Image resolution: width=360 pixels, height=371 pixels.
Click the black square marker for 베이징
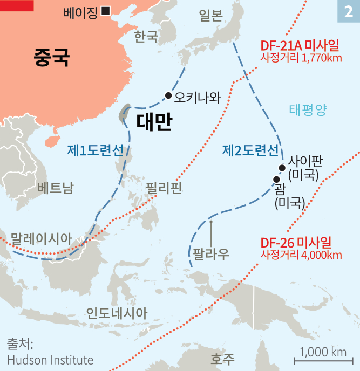pos(106,10)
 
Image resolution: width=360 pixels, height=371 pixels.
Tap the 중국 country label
pos(51,57)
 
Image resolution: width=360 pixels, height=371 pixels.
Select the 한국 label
pos(146,36)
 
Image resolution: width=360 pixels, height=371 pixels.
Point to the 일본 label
pos(210,16)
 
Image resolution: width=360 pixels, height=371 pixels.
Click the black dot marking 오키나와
pos(168,96)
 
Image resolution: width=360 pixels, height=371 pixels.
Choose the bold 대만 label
pos(154,122)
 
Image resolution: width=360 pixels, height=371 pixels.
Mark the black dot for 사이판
pos(282,167)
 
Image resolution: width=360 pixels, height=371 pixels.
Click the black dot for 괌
pos(276,180)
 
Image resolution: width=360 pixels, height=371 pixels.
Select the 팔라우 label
pos(209,253)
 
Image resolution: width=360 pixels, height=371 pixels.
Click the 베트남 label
pos(56,188)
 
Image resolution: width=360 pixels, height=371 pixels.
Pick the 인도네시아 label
pos(117,313)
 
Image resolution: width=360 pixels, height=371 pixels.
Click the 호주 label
pos(223,358)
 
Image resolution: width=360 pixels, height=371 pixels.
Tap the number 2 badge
pos(348,11)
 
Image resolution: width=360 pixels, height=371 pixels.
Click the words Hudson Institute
pos(50,360)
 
